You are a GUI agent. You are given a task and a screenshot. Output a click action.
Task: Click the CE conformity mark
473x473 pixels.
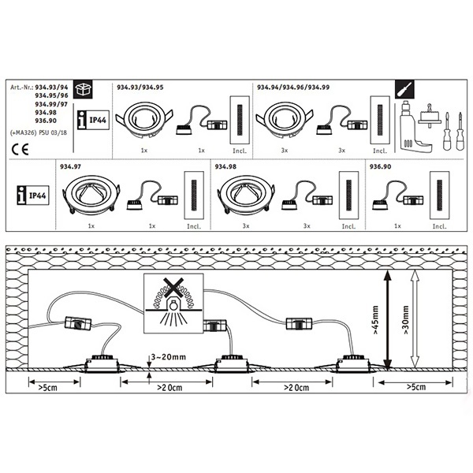pyautogui.click(x=20, y=149)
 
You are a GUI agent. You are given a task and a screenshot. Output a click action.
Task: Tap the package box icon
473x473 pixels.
pyautogui.click(x=83, y=90)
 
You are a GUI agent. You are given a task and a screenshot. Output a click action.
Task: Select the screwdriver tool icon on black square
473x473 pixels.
pyautogui.click(x=404, y=89)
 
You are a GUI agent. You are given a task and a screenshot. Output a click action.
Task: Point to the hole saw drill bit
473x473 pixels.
pyautogui.click(x=430, y=116)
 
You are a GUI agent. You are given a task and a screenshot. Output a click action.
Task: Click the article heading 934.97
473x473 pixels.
pyautogui.click(x=71, y=166)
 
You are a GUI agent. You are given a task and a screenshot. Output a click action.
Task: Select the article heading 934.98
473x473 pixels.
pyautogui.click(x=225, y=166)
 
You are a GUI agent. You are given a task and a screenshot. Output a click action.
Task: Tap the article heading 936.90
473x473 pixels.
pyautogui.click(x=381, y=166)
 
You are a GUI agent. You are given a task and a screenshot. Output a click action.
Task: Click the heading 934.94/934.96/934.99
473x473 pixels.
pyautogui.click(x=293, y=88)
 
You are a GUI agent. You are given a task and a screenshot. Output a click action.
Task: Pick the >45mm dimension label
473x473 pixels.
pyautogui.click(x=375, y=320)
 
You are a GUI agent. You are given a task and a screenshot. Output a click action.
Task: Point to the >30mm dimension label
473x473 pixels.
pyautogui.click(x=405, y=320)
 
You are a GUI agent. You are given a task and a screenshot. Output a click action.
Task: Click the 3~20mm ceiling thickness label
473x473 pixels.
pyautogui.click(x=169, y=357)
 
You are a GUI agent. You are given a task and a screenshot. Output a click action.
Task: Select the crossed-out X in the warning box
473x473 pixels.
pyautogui.click(x=173, y=287)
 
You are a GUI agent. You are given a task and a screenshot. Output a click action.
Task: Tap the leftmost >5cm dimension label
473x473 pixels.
pyautogui.click(x=47, y=387)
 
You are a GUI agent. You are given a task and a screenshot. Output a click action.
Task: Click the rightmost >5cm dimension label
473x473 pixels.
pyautogui.click(x=416, y=387)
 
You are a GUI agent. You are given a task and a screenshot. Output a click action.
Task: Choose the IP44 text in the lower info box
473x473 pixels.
pyautogui.click(x=38, y=196)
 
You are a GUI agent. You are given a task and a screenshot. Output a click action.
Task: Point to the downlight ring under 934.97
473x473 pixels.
pyautogui.click(x=91, y=194)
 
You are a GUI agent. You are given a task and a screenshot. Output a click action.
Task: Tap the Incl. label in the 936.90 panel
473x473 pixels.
pyautogui.click(x=440, y=226)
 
